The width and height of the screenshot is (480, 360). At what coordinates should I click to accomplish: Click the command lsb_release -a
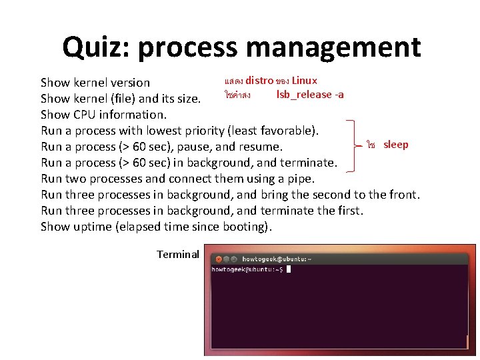[310, 95]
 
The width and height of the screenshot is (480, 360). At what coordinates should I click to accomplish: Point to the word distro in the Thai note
[259, 81]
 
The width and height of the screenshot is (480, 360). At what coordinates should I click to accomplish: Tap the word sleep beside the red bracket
[396, 145]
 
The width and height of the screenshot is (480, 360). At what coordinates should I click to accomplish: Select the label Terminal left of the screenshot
[178, 254]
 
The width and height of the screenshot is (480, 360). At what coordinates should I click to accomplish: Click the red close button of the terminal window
[216, 259]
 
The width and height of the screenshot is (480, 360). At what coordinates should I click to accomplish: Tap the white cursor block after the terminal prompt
[288, 269]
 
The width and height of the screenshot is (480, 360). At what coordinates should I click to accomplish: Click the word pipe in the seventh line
[299, 179]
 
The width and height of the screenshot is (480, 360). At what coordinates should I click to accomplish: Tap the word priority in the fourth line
[202, 131]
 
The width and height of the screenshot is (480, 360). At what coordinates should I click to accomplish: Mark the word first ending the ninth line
[349, 211]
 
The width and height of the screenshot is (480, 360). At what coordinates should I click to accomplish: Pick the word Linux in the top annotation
[305, 81]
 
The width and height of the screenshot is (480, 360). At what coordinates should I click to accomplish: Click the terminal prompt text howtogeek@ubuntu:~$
[247, 269]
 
